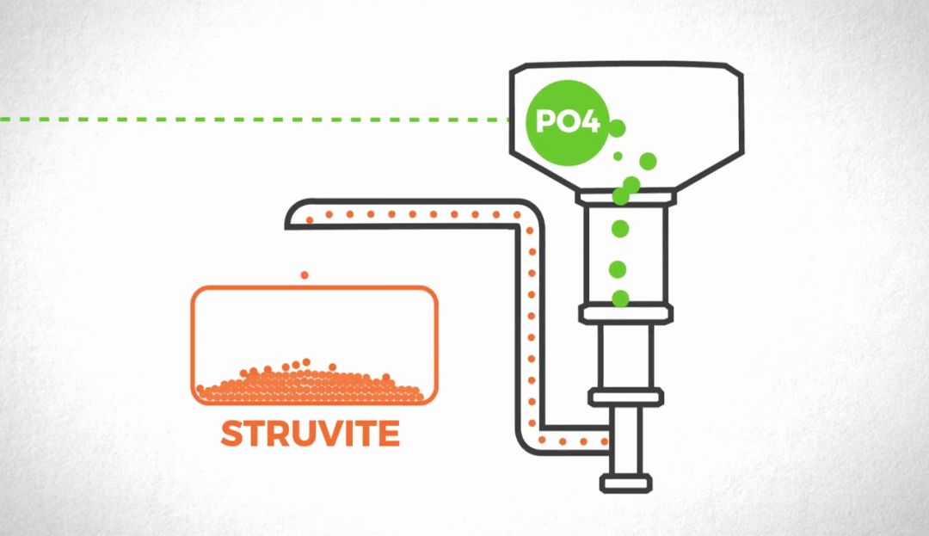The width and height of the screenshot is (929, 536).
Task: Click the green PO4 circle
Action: pos(563,121)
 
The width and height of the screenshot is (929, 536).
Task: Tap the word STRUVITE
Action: pos(310,434)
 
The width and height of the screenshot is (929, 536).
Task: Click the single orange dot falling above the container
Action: pos(303,275)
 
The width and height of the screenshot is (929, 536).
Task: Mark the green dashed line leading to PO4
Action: pos(258,119)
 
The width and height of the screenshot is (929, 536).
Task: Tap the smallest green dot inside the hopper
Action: pos(618,156)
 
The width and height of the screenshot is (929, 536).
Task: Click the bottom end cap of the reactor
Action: pos(625,483)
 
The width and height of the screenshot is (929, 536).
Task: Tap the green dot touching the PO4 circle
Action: pos(617,128)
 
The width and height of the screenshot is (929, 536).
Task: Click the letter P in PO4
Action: pos(544,121)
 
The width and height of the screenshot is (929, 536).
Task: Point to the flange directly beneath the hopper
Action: pos(625,199)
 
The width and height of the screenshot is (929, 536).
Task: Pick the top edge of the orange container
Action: pos(314,287)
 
